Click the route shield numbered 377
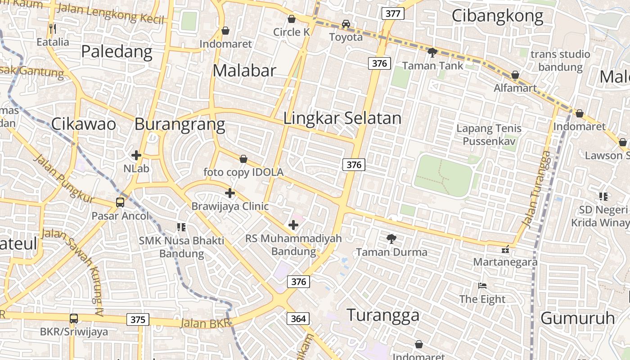[x=393, y=13]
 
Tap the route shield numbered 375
[x=138, y=319]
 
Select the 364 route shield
[x=298, y=319]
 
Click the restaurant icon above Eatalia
[x=53, y=29]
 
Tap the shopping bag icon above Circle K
[x=292, y=19]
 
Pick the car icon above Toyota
[x=346, y=24]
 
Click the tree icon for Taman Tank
[x=432, y=53]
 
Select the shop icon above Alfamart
[x=515, y=75]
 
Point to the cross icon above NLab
[x=136, y=155]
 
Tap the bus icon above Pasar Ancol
[x=120, y=202]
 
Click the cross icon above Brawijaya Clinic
[x=230, y=193]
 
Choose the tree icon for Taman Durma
[x=391, y=239]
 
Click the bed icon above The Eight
[x=482, y=285]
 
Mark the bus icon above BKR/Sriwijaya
[x=74, y=319]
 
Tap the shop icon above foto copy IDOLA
[x=243, y=159]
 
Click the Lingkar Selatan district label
[x=342, y=118]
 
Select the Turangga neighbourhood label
[x=383, y=315]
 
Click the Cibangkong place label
[x=497, y=16]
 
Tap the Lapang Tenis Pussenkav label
[x=489, y=135]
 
